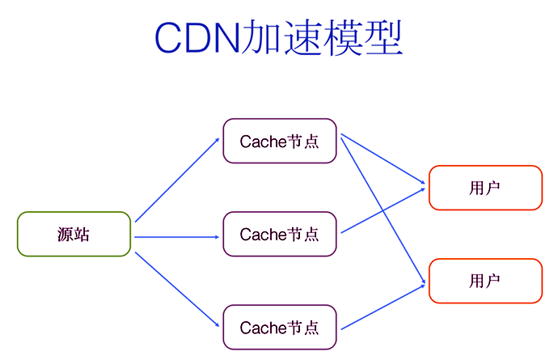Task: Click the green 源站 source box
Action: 74,235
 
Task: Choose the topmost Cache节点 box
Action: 279,141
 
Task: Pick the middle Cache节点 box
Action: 279,235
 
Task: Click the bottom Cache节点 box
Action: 279,328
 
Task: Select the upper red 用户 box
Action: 484,188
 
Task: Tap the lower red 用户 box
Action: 484,281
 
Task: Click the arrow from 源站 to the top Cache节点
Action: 176,180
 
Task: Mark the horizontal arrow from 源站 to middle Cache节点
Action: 176,237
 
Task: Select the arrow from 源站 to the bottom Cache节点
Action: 176,290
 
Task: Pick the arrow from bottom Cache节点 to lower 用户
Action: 383,307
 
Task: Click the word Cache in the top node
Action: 258,142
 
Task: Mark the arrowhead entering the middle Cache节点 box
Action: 218,237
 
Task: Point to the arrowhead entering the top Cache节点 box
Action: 218,139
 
